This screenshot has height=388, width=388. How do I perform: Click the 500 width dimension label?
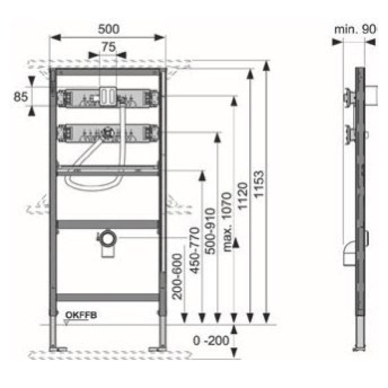pos(109,29)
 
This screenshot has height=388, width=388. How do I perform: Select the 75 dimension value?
pos(109,47)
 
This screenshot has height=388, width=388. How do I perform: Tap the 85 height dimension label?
pos(20,97)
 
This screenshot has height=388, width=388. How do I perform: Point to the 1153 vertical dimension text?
pos(259,184)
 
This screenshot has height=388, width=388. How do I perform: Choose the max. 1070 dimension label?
pos(226,222)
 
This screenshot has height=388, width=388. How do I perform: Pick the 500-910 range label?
pos(210,231)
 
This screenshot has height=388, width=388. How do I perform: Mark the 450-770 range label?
pos(194,250)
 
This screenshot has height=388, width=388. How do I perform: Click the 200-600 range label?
pos(178,276)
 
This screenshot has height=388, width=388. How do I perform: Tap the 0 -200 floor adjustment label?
pos(211,341)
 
